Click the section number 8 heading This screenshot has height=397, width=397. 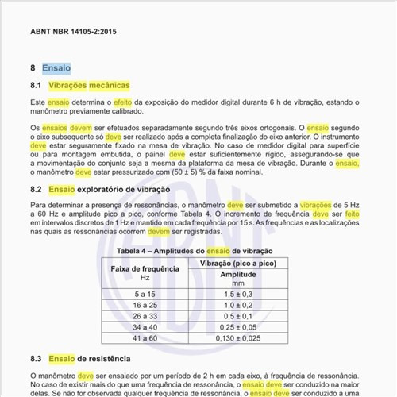point(33,69)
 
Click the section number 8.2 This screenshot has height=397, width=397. point(36,190)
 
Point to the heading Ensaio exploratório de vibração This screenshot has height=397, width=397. point(109,190)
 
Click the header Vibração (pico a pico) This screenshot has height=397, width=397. point(237,262)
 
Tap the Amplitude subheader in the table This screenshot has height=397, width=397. point(237,274)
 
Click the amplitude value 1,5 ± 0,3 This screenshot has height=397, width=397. point(237,294)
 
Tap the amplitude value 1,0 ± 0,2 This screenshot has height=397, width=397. point(237,305)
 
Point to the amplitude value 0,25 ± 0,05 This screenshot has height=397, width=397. point(237,327)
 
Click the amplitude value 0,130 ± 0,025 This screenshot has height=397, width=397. point(237,338)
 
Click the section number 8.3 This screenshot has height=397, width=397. point(36,358)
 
